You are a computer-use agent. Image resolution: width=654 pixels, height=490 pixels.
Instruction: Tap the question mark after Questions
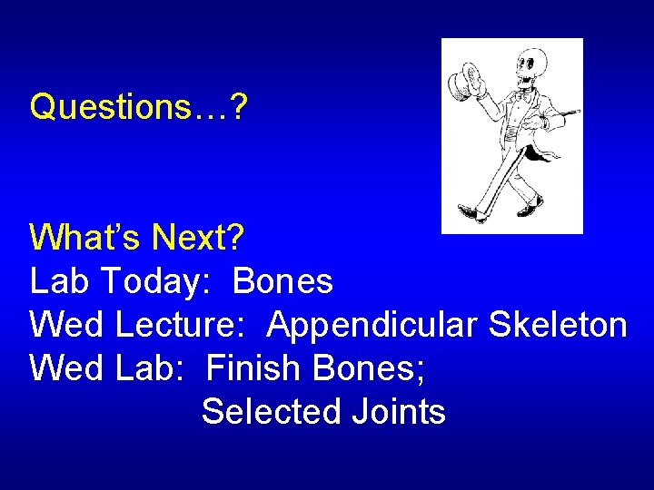click(239, 107)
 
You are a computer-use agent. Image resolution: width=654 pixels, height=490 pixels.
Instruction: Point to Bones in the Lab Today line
click(282, 282)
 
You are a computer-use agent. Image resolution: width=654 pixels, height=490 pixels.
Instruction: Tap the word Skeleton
click(557, 325)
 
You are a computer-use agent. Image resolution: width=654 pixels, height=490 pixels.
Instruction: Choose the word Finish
click(252, 368)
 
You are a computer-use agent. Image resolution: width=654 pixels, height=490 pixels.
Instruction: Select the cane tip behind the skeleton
click(574, 113)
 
